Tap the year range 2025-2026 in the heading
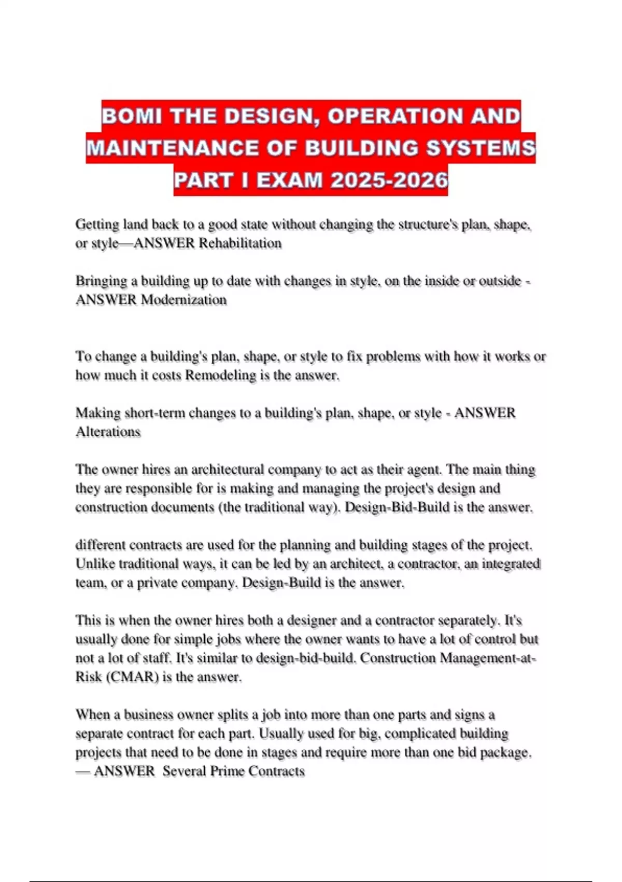click(389, 180)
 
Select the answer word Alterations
click(108, 432)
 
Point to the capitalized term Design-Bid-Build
click(397, 507)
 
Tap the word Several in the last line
click(184, 771)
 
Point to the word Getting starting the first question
click(97, 225)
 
